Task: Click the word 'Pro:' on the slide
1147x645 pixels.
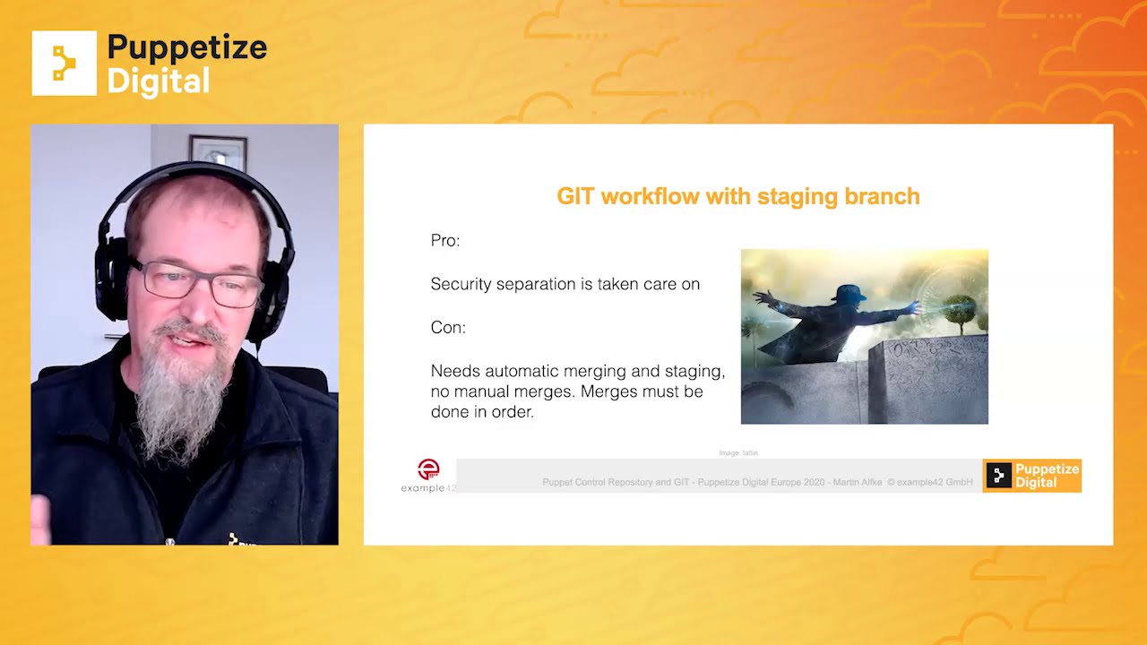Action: (x=445, y=241)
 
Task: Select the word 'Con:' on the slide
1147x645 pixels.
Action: (x=448, y=328)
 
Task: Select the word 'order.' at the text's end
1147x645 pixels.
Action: (x=509, y=413)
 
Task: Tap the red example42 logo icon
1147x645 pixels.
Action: (x=429, y=469)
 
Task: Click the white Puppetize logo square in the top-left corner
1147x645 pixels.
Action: (x=64, y=64)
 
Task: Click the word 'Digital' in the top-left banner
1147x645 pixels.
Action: (x=159, y=81)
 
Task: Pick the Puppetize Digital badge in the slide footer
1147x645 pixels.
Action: (x=1031, y=476)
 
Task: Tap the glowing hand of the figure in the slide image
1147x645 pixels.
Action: (x=915, y=307)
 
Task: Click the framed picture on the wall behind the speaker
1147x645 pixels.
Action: (x=218, y=150)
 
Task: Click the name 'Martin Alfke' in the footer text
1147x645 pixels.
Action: (x=858, y=483)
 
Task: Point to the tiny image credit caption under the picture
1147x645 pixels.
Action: (x=738, y=453)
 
